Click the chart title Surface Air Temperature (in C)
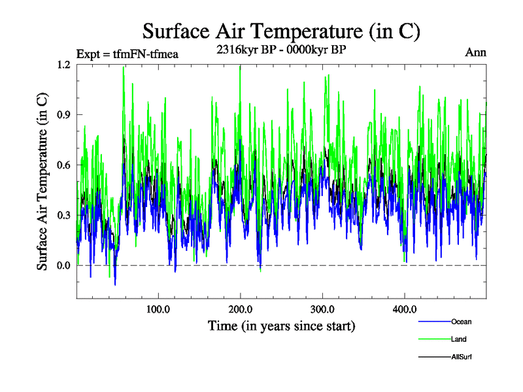point(281,31)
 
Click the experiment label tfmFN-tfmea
point(127,54)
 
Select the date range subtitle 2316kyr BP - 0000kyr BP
point(280,49)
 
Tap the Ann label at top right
point(475,53)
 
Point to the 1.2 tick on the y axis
point(63,65)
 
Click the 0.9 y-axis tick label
point(63,115)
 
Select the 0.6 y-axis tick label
point(63,165)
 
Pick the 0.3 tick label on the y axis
point(63,216)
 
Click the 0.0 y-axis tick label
point(63,265)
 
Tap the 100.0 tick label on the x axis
point(158,309)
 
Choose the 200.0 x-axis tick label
point(241,309)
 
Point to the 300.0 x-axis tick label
point(322,309)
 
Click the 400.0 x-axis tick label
point(405,309)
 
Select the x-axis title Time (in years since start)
point(281,325)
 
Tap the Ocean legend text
point(461,321)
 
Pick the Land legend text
point(458,339)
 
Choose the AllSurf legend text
point(461,357)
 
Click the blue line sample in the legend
point(434,322)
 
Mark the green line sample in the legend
point(434,340)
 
